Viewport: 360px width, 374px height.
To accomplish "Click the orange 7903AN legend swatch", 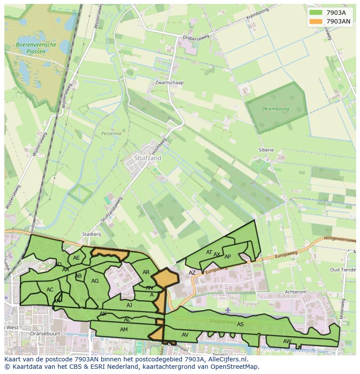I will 316,21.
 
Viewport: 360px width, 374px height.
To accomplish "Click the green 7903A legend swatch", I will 316,13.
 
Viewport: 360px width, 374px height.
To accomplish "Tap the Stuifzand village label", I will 148,158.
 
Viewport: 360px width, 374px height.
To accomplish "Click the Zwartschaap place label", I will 169,83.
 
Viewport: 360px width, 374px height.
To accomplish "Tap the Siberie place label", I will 266,150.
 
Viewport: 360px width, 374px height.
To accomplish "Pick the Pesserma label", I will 111,134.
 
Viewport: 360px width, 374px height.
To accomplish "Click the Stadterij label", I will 91,234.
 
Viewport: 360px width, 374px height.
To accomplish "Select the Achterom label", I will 295,292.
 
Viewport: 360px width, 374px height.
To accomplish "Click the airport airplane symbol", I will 228,310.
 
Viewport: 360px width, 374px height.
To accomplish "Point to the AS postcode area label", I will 240,324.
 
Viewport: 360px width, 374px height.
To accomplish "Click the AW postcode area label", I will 287,341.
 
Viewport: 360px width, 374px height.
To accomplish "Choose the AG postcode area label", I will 95,281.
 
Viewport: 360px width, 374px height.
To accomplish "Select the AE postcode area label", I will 77,258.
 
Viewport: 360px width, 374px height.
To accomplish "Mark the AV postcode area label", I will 185,334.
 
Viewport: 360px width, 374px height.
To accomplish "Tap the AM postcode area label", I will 124,330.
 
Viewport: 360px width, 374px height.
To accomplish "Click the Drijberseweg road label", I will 195,39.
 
